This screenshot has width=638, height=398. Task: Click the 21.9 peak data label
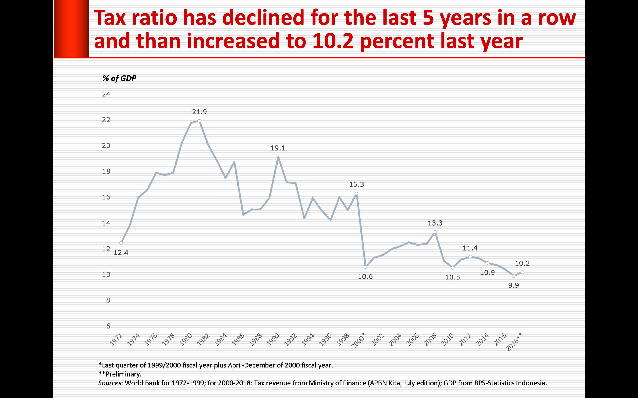(x=199, y=112)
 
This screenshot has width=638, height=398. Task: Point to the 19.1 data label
(x=278, y=148)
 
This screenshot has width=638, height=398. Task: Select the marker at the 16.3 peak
(x=356, y=193)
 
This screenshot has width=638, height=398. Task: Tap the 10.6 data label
(x=365, y=277)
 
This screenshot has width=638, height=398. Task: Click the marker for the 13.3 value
(x=435, y=232)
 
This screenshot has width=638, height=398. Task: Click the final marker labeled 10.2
(x=523, y=272)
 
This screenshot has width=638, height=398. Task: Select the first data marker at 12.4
(x=121, y=243)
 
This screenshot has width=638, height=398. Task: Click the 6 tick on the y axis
(x=108, y=326)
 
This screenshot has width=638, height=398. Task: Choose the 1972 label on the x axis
(x=116, y=339)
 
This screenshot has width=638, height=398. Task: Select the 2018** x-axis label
(x=514, y=342)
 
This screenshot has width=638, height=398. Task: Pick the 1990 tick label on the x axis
(x=273, y=339)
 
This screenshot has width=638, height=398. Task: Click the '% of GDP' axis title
(x=119, y=78)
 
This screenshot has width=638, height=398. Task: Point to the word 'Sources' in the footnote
(x=110, y=383)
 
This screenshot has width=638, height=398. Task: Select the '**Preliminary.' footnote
(x=120, y=374)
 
